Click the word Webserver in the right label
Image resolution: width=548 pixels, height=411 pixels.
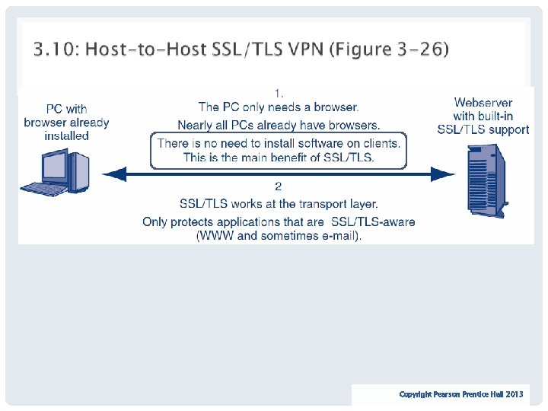click(x=483, y=102)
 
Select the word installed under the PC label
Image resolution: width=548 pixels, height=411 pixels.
click(x=67, y=136)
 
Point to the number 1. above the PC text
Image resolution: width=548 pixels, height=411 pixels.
click(x=279, y=93)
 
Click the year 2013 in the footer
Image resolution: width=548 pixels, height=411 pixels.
click(x=515, y=394)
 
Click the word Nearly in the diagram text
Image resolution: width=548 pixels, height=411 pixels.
click(x=196, y=125)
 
